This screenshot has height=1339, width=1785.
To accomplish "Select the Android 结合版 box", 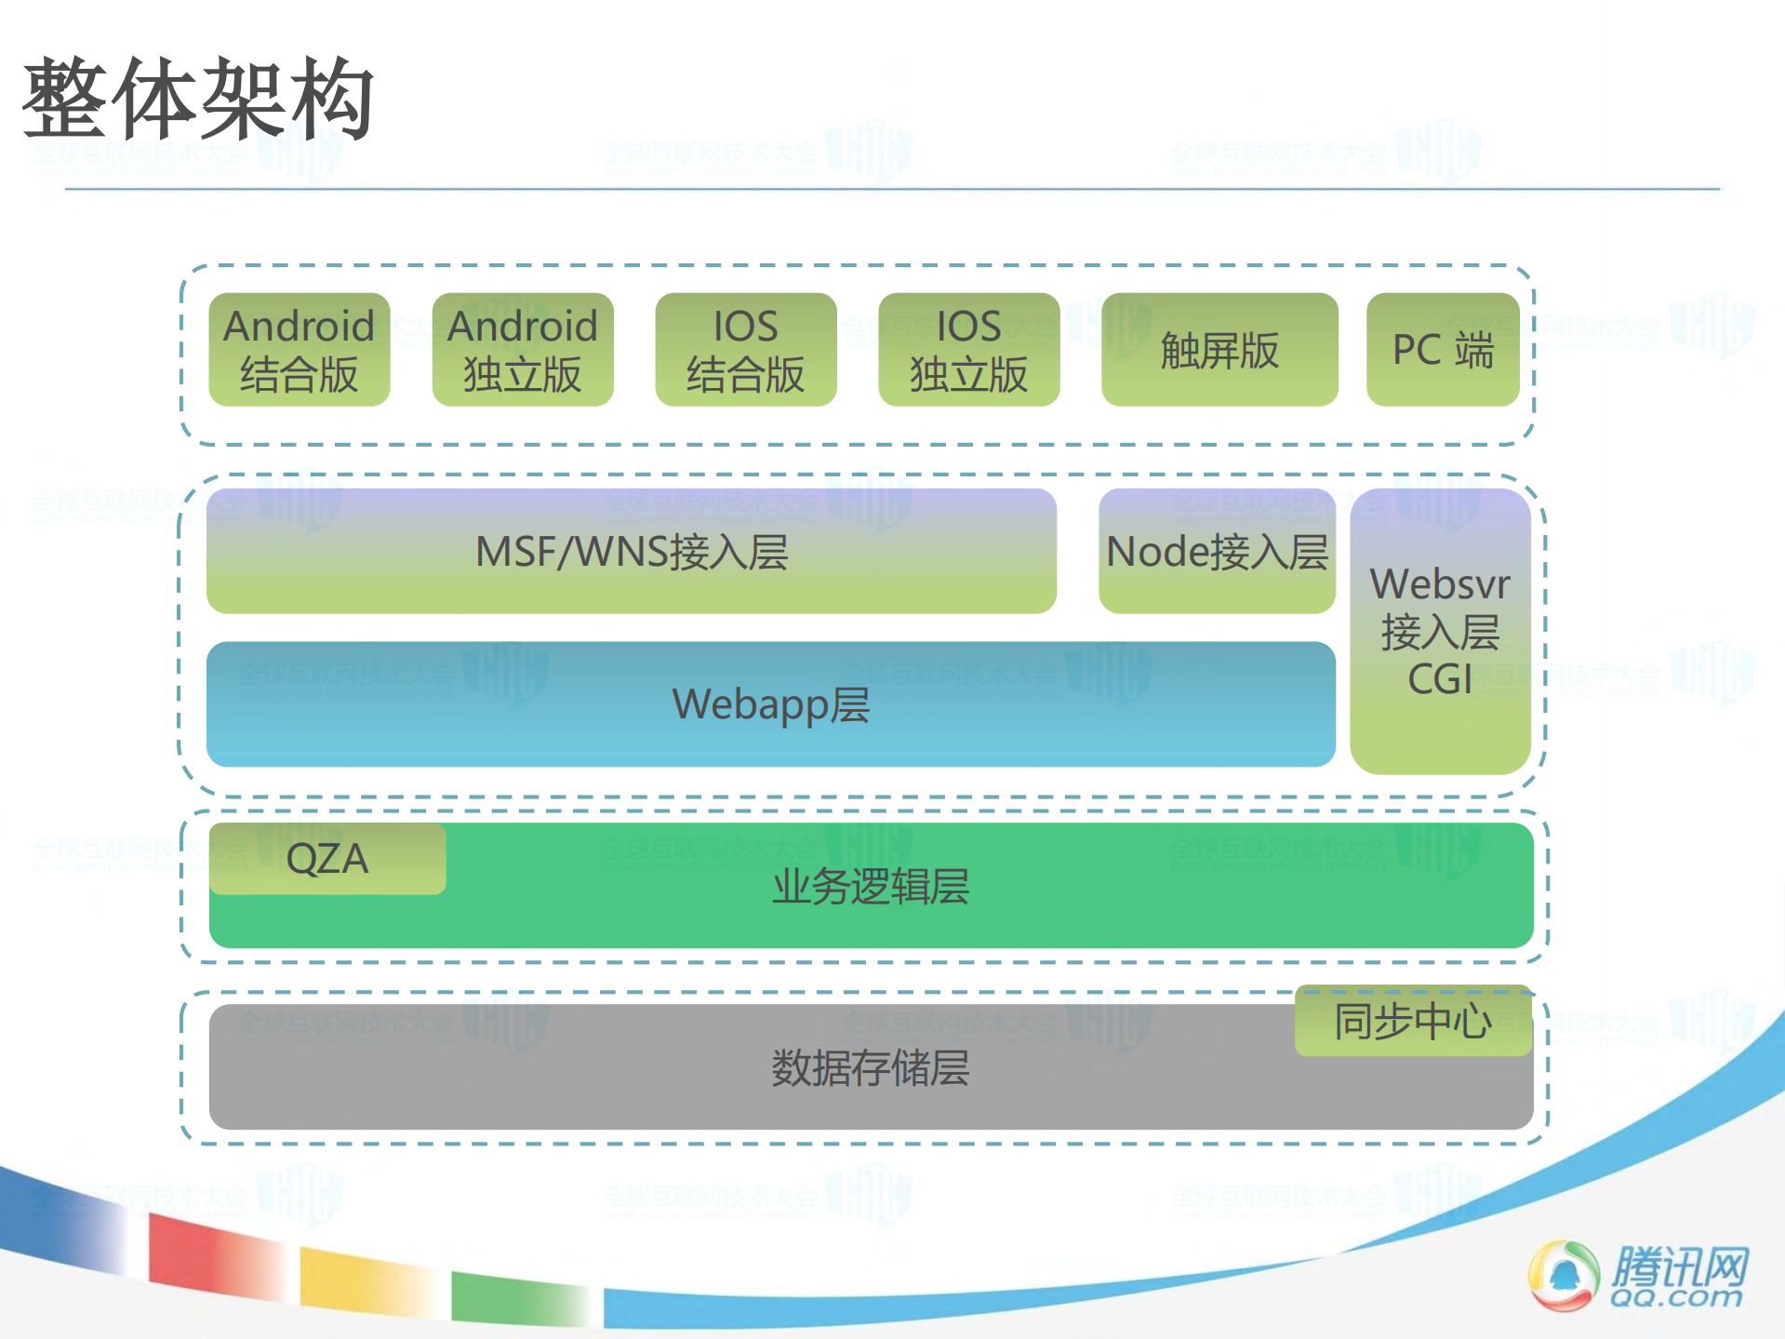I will coord(299,350).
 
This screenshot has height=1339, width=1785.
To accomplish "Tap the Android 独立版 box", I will coord(522,350).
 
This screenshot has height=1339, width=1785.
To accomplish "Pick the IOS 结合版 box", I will coord(745,350).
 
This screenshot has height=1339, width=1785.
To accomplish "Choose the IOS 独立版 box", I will coord(968,350).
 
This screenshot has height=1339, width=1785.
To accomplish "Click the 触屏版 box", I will coord(1219,350).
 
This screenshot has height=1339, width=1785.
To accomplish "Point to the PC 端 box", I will coord(1442,350).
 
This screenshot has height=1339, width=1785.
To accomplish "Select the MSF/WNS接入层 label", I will coord(632,552).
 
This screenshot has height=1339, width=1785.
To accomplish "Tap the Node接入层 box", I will coord(1217,552).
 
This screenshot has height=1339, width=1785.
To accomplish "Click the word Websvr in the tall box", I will coord(1440,584).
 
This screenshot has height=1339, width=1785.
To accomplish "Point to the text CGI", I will coord(1440,679).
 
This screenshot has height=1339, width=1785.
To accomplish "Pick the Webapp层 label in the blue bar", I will coord(770,704).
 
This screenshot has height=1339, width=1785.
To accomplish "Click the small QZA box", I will coord(327,858).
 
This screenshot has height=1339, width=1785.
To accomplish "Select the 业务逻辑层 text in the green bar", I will coord(871,886).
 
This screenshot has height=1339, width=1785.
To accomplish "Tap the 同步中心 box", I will coord(1412,1021).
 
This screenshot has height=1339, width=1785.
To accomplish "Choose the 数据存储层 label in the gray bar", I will coord(871,1067).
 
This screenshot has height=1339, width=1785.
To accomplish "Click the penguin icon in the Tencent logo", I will coord(1564,1276).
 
